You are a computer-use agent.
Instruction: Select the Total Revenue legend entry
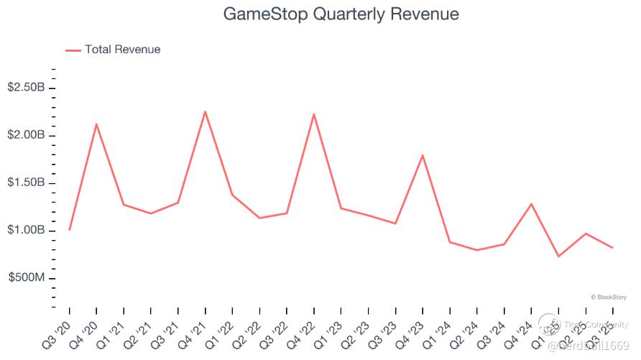(113, 50)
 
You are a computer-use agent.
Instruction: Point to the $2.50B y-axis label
(27, 88)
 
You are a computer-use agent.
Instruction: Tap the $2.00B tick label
(27, 135)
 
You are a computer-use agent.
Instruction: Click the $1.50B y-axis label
(27, 183)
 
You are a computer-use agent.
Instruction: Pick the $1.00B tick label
(27, 231)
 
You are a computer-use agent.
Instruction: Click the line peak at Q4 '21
(206, 111)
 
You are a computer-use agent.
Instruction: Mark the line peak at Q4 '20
(96, 124)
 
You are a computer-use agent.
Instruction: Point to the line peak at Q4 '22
(314, 114)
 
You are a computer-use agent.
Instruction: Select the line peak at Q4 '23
(423, 155)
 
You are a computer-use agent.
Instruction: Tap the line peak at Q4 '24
(531, 204)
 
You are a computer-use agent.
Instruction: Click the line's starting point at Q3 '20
(69, 230)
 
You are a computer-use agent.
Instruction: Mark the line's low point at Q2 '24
(476, 250)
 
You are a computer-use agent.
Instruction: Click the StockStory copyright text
(609, 297)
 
